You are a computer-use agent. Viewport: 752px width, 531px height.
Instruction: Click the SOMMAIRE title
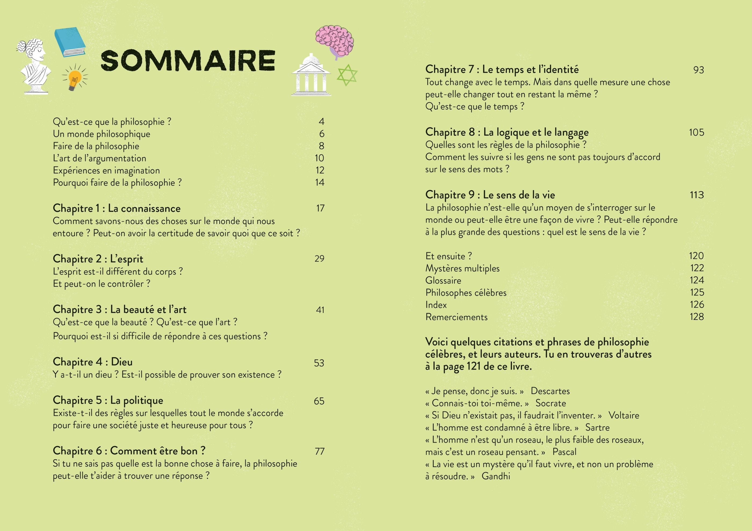click(x=188, y=61)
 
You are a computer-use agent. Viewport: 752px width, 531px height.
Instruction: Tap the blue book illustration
click(x=70, y=42)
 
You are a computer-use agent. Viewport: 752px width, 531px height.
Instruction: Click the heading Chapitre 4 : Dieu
click(x=93, y=362)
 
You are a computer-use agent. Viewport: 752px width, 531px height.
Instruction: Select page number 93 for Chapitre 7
click(x=698, y=70)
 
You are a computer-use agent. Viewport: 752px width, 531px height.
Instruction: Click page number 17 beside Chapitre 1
click(x=320, y=208)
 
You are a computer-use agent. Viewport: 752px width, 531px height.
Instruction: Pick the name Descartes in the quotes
click(x=550, y=391)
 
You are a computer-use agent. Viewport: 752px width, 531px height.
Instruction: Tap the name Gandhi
click(x=496, y=476)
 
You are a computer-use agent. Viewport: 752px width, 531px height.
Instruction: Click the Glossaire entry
click(x=443, y=281)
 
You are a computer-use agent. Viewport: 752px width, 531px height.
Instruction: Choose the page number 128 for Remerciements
click(x=697, y=317)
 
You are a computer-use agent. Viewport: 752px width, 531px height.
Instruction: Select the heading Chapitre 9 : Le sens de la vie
click(x=490, y=195)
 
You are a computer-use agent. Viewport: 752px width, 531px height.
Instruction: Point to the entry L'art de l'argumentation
click(x=100, y=158)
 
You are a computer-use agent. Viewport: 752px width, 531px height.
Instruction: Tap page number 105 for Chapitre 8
click(x=696, y=132)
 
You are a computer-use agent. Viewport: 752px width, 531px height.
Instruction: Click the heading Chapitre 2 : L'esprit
click(x=98, y=259)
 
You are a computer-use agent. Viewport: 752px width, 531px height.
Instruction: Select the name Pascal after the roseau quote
click(x=564, y=452)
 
